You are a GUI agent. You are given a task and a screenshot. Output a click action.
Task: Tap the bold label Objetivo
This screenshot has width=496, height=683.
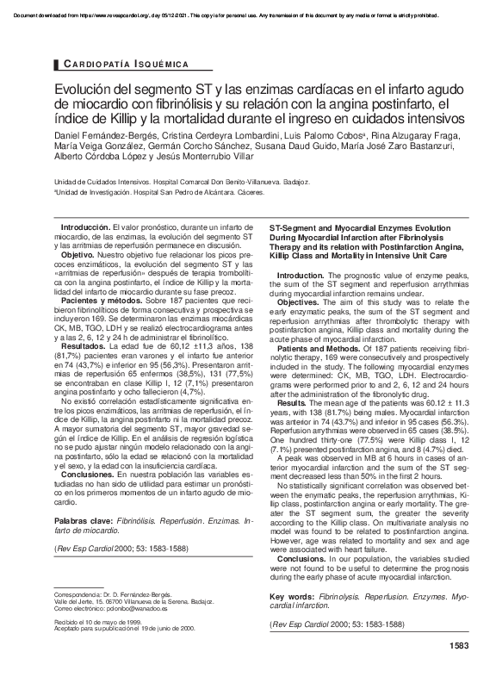(x=77, y=256)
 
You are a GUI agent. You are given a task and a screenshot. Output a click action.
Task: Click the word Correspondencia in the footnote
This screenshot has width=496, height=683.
(x=84, y=594)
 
